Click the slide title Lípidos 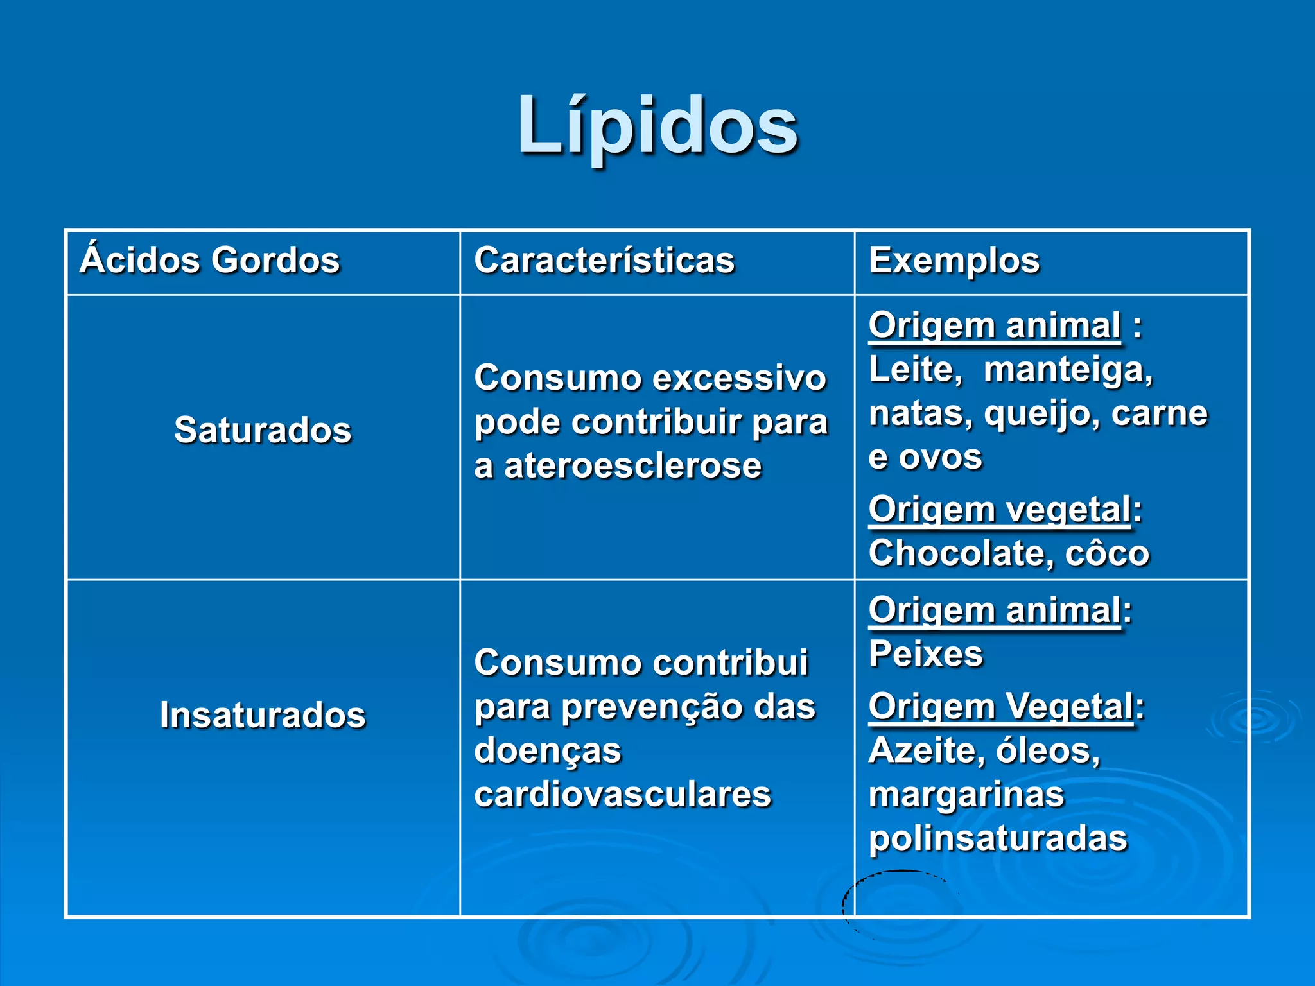click(657, 126)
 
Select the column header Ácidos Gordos click(210, 261)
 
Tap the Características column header click(604, 261)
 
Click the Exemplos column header click(954, 261)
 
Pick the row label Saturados click(263, 430)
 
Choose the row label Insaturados click(263, 715)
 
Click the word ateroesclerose click(632, 466)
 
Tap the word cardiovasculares click(622, 795)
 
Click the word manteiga click(1068, 370)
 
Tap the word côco click(1107, 553)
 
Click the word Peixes click(925, 655)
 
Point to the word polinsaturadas click(998, 838)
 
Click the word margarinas click(966, 795)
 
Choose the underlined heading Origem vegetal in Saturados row click(999, 510)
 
